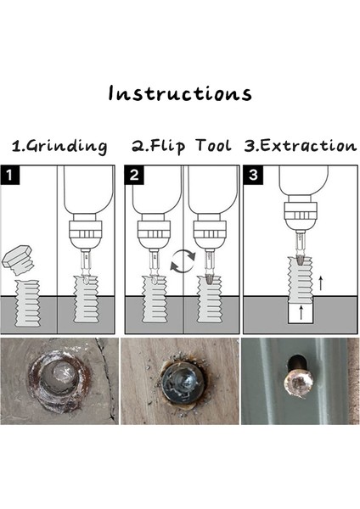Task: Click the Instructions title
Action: point(180,93)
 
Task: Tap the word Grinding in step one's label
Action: point(66,147)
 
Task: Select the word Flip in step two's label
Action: point(167,146)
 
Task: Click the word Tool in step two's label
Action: point(214,145)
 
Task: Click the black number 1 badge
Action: point(9,176)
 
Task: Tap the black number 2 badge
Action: point(134,176)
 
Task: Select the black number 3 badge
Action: point(253,176)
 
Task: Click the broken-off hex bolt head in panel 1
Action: point(18,260)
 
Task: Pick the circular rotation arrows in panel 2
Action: point(183,261)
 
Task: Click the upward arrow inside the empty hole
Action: point(301,312)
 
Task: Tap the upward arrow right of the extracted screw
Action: point(321,283)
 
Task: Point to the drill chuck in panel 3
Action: point(301,215)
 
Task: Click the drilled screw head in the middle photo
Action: point(183,383)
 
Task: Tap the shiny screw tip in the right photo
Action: point(298,384)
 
